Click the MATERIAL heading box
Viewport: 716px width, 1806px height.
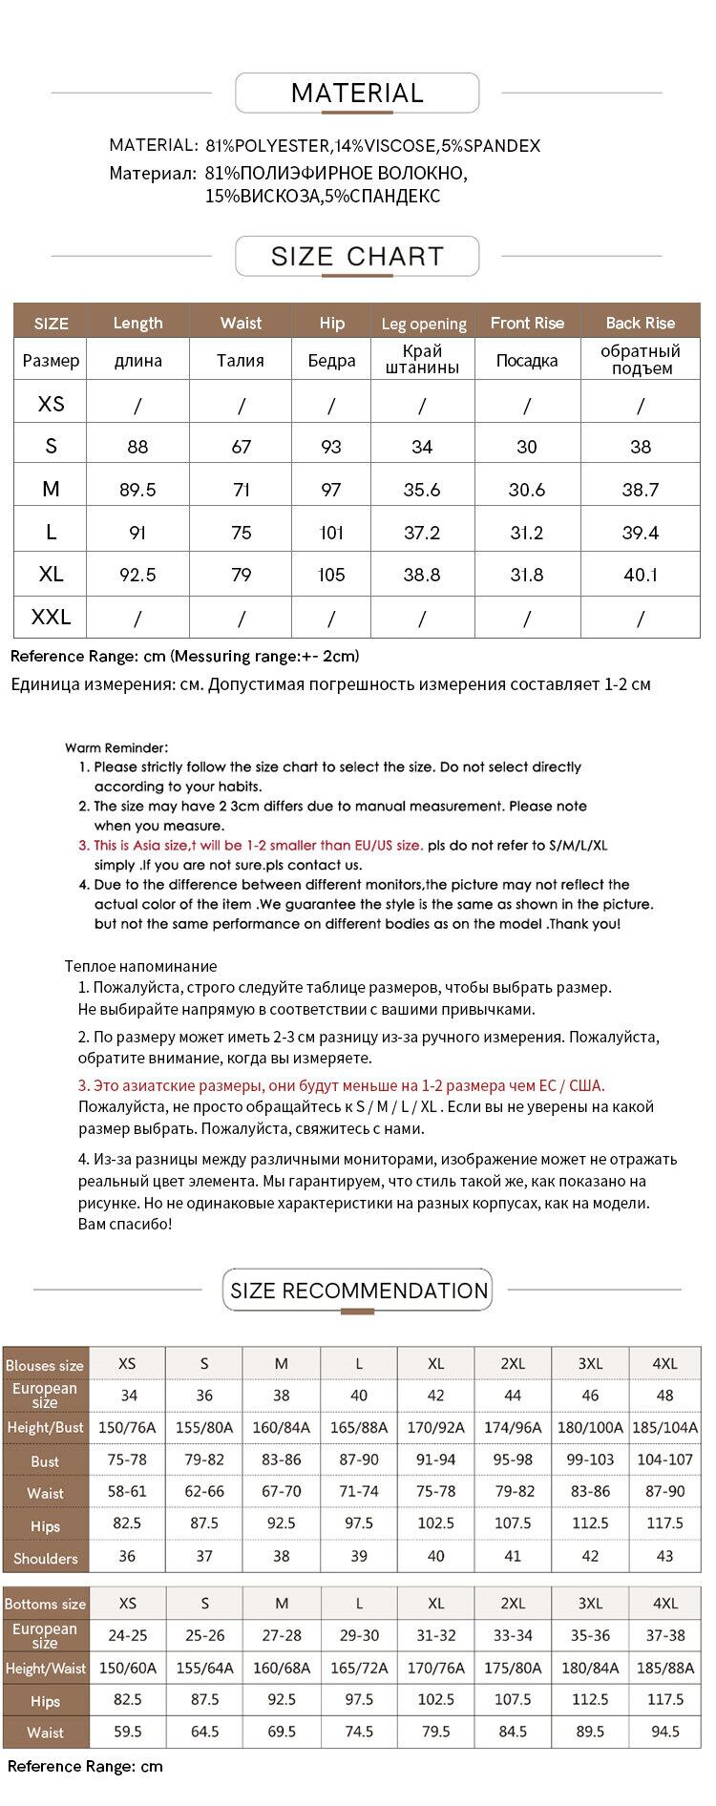pyautogui.click(x=357, y=94)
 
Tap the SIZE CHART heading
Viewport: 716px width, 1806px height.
pyautogui.click(x=357, y=256)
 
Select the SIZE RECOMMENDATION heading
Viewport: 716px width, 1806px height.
pyautogui.click(x=358, y=1291)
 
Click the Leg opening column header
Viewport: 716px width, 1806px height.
pyautogui.click(x=423, y=324)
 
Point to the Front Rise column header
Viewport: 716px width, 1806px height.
pyautogui.click(x=527, y=323)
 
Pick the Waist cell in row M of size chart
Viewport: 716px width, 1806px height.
pyautogui.click(x=241, y=490)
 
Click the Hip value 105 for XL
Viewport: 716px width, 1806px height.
pyautogui.click(x=331, y=575)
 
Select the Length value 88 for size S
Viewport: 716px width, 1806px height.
pyautogui.click(x=137, y=447)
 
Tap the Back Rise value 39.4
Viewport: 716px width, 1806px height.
pyautogui.click(x=640, y=533)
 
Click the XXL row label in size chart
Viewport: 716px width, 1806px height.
pyautogui.click(x=51, y=618)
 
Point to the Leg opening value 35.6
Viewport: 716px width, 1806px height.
pyautogui.click(x=422, y=490)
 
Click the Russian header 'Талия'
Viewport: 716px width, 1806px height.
pyautogui.click(x=241, y=360)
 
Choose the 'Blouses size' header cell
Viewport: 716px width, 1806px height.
pyautogui.click(x=45, y=1365)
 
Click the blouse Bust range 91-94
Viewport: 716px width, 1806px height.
pyautogui.click(x=435, y=1460)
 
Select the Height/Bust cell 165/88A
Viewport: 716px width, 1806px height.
pyautogui.click(x=359, y=1427)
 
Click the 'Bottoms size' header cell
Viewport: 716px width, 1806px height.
pyautogui.click(x=45, y=1604)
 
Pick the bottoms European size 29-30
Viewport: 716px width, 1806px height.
pyautogui.click(x=359, y=1635)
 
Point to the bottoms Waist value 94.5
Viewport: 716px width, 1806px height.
pyautogui.click(x=664, y=1731)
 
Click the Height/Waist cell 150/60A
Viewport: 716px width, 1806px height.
pyautogui.click(x=128, y=1668)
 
